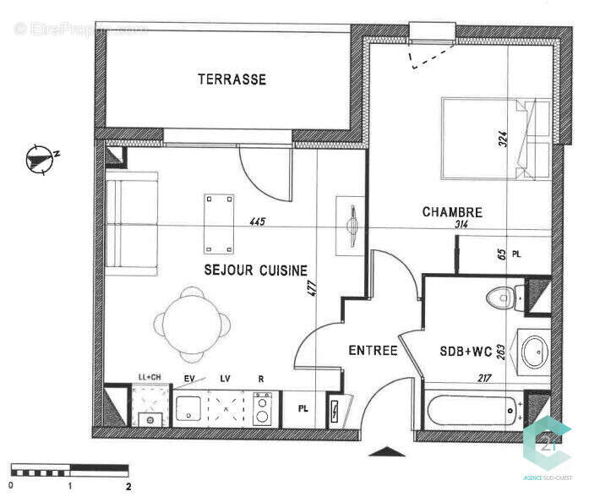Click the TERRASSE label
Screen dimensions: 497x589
[x=232, y=79]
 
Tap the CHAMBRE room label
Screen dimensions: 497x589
[x=452, y=212]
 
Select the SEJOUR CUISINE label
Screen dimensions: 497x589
[x=254, y=270]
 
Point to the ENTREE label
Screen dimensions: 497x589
[x=373, y=350]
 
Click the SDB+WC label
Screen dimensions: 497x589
[x=464, y=351]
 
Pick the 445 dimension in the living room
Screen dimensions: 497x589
[x=257, y=222]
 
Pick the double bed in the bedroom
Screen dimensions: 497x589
[x=494, y=137]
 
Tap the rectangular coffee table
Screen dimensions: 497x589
[x=219, y=223]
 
